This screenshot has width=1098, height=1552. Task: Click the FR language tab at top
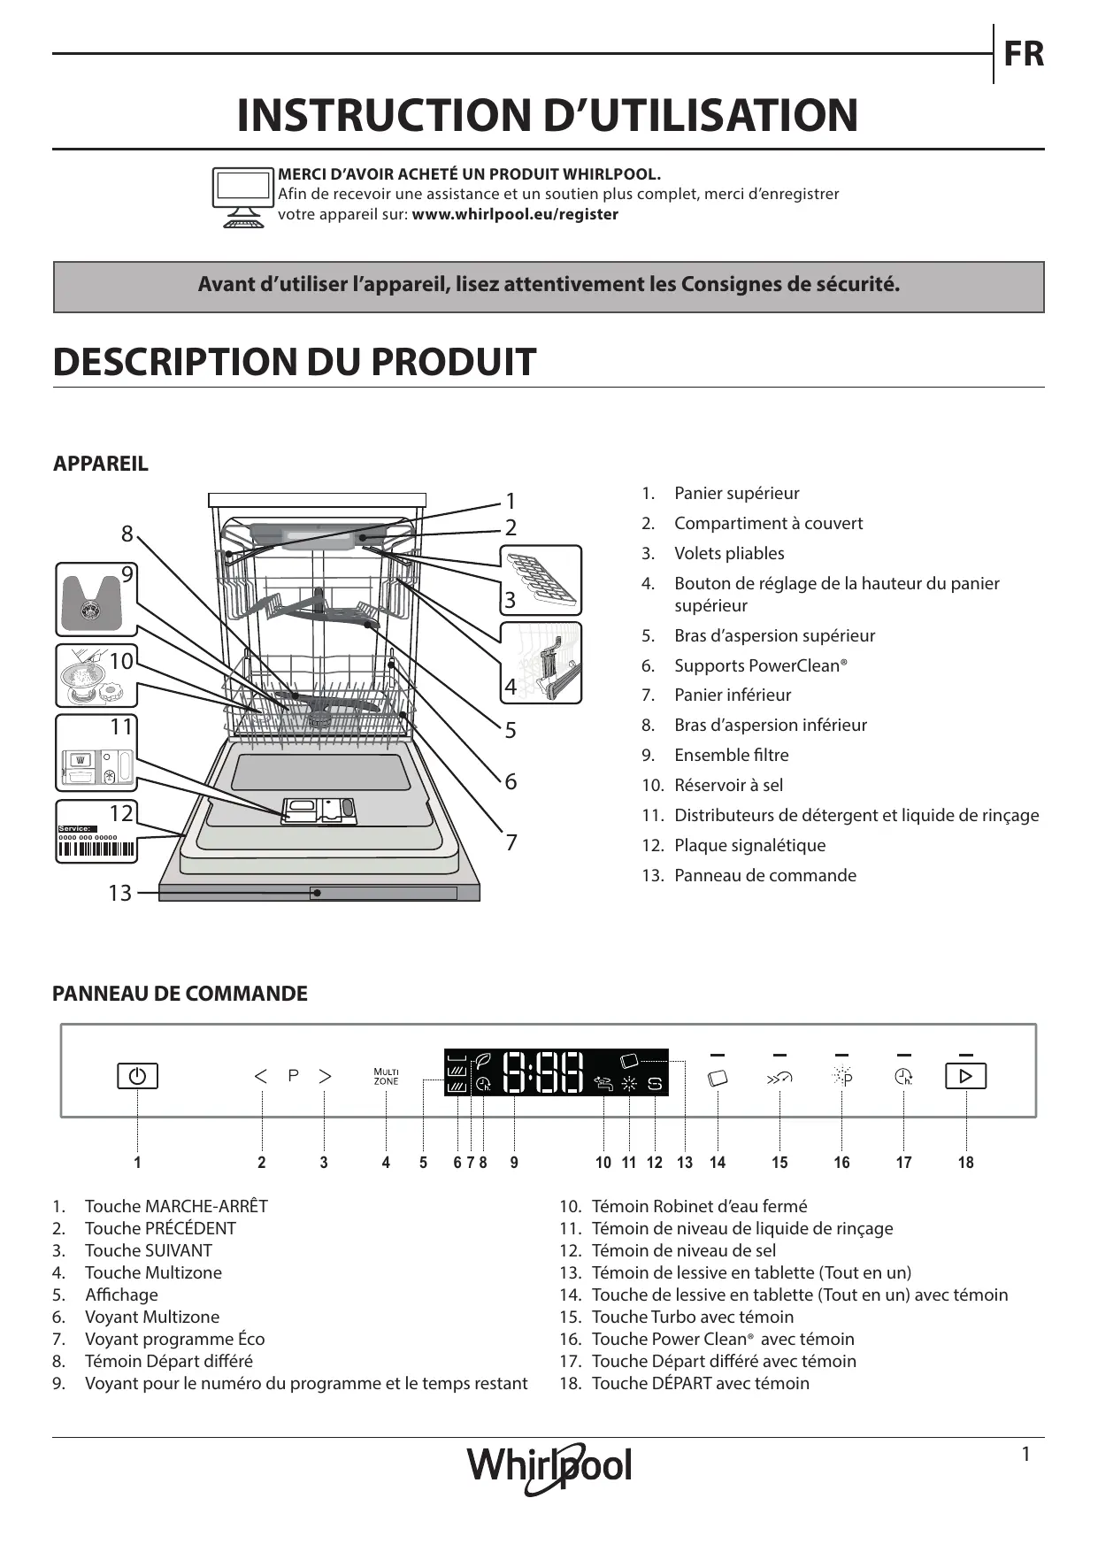tap(1023, 54)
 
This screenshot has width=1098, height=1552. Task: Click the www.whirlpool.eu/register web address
tap(515, 214)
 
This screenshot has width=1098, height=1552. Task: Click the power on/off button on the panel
tap(137, 1076)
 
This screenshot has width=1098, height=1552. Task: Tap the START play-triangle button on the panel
tap(965, 1076)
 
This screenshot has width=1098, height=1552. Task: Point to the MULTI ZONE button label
tap(386, 1076)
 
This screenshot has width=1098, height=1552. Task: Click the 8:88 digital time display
tap(543, 1072)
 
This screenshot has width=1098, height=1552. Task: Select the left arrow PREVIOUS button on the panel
tap(261, 1076)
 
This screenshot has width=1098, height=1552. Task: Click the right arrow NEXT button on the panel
tap(325, 1076)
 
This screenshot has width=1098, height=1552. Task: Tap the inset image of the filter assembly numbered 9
tap(96, 599)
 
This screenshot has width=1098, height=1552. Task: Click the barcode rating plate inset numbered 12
tap(96, 832)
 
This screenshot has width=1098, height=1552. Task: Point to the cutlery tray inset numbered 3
tap(541, 580)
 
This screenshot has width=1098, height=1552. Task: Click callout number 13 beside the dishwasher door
tap(119, 893)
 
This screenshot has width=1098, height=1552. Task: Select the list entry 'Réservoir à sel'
tap(728, 785)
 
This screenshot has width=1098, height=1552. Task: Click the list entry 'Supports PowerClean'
tap(760, 665)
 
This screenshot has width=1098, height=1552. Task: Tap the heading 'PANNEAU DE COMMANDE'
tap(180, 994)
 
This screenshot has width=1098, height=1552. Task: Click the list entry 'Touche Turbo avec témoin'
tap(692, 1317)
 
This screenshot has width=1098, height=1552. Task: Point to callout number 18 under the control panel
tap(965, 1163)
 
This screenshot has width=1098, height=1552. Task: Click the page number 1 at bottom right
tap(1025, 1455)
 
